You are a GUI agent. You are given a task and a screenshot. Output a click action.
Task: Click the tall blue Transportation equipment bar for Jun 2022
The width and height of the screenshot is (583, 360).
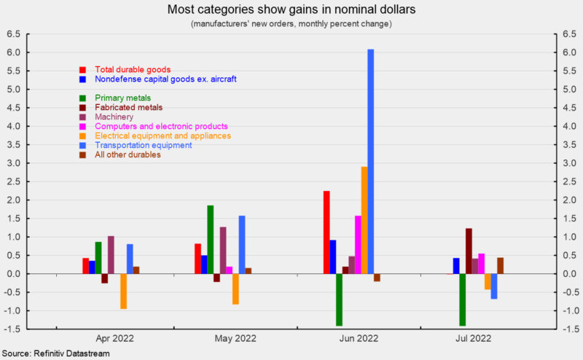coord(371,161)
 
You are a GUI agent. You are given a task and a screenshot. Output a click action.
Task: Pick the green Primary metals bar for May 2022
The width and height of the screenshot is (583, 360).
coord(211,240)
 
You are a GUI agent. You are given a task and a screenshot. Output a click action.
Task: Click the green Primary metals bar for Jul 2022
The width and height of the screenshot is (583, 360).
coord(462,300)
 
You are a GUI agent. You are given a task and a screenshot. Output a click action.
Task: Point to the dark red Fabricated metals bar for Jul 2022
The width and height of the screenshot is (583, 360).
coord(469,251)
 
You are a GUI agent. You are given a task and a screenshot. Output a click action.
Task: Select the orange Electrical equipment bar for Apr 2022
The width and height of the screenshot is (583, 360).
coord(124,291)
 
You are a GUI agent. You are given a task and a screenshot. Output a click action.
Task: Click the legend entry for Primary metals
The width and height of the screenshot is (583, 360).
coord(124,98)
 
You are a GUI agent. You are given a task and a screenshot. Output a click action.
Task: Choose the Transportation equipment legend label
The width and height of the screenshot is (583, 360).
coord(144,145)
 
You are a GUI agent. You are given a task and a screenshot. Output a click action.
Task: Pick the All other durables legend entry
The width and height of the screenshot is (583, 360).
coord(128,154)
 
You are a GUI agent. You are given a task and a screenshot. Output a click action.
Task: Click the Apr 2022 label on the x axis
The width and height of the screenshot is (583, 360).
coord(114,338)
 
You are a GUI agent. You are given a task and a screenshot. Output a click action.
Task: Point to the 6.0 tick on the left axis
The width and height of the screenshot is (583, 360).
coord(14,52)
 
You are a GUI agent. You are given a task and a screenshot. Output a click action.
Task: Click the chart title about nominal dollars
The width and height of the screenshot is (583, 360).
coord(291,10)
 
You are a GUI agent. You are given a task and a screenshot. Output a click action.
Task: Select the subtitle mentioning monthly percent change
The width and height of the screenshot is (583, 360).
coord(291,24)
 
